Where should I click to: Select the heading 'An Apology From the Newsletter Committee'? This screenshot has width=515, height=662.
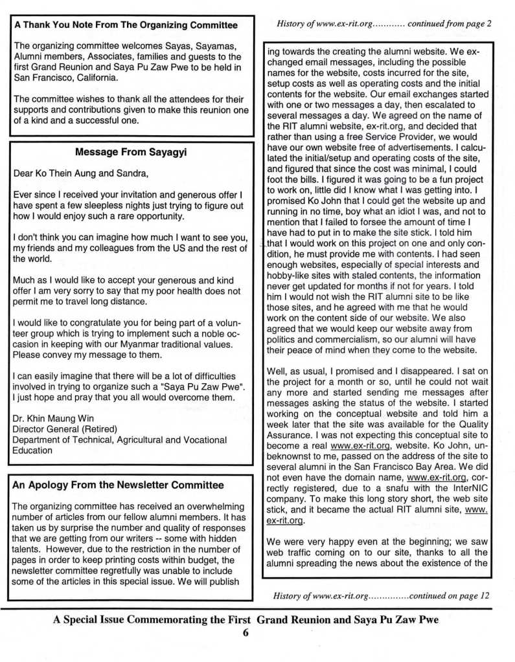(x=119, y=485)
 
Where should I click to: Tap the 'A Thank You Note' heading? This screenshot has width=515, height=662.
(x=126, y=26)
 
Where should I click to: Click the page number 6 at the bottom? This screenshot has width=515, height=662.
(x=246, y=634)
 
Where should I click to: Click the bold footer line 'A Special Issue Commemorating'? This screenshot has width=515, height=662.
(x=153, y=619)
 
